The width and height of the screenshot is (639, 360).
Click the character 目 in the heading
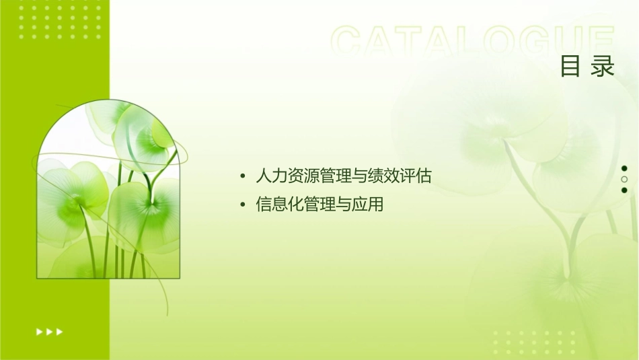570,67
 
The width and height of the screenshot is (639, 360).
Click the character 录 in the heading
603,67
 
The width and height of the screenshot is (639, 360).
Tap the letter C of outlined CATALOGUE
350,42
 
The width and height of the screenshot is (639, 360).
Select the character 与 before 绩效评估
360,177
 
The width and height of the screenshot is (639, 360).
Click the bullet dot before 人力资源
242,178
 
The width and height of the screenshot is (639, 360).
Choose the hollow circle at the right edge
624,180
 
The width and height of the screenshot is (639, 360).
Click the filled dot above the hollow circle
624,168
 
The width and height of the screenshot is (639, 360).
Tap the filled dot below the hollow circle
624,190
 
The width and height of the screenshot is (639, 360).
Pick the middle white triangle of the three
49,331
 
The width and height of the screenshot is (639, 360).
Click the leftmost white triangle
39,331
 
